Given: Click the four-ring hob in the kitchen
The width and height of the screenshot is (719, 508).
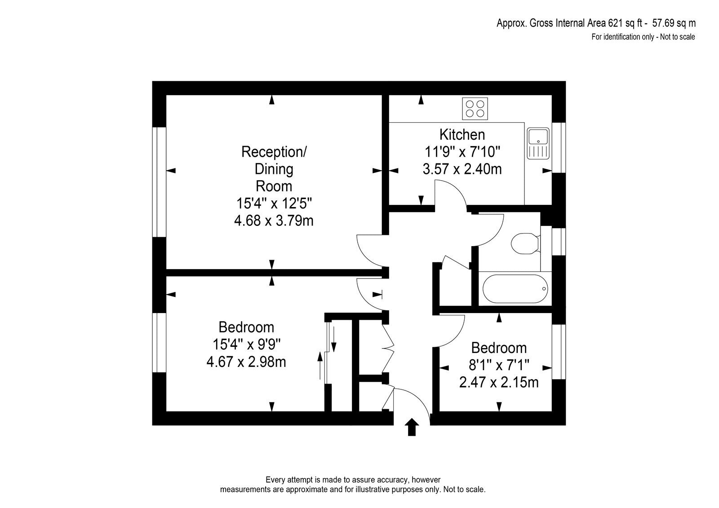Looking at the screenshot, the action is (x=475, y=108).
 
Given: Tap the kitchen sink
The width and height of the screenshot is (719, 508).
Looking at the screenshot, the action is (x=538, y=143).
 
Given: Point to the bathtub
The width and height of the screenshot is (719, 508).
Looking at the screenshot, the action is (x=515, y=288).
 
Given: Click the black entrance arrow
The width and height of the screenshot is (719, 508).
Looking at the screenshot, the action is (x=412, y=427).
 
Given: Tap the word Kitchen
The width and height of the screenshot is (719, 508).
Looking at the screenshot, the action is (x=462, y=135).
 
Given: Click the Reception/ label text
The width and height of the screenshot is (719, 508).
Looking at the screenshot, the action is (x=274, y=152).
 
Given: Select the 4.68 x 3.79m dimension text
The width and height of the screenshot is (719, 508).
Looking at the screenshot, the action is (x=274, y=221).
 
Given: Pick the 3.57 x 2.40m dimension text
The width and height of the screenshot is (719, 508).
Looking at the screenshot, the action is (x=462, y=169).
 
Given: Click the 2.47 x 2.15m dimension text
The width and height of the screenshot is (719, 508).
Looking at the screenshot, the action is (x=498, y=383).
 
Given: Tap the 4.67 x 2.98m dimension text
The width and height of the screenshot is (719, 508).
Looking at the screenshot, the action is (x=246, y=362).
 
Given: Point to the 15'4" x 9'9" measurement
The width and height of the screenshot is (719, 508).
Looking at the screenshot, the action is (x=246, y=345).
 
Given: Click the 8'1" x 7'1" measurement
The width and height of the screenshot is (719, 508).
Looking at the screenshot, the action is (x=499, y=365).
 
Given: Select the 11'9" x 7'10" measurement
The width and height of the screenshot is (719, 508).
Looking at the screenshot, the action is (x=462, y=152).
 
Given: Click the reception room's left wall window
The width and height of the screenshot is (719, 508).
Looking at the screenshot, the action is (x=159, y=182).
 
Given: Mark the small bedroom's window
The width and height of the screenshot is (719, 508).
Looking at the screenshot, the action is (x=559, y=352).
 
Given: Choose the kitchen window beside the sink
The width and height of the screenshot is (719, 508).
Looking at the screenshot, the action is (x=559, y=148).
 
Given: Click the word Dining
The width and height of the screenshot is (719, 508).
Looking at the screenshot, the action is (x=274, y=169).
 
